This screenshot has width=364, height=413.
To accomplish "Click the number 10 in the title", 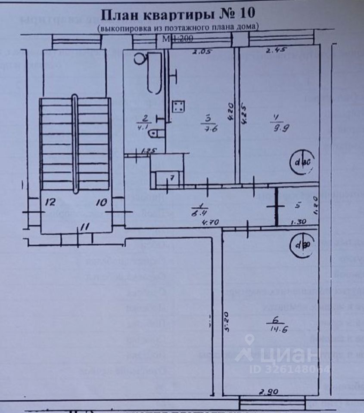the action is click(x=246, y=14).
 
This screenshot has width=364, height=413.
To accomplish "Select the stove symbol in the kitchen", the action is click(x=178, y=106).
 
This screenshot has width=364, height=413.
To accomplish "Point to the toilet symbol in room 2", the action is click(x=156, y=134).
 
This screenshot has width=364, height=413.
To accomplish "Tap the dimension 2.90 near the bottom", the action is click(x=268, y=392).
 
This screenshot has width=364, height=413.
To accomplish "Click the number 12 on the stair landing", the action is click(x=50, y=202).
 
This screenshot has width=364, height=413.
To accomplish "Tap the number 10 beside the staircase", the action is click(x=101, y=202).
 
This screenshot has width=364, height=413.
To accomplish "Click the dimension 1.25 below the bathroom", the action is click(x=148, y=151).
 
